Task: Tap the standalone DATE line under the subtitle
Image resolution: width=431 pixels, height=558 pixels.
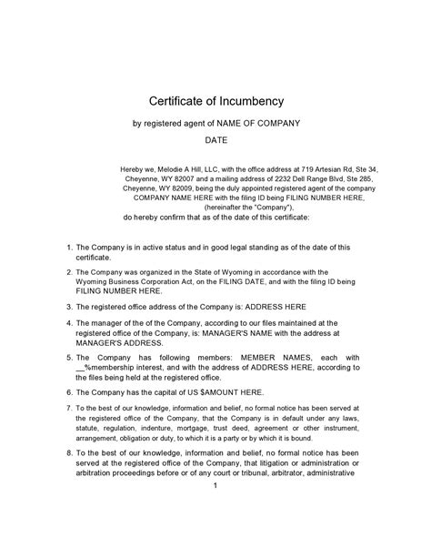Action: coord(215,141)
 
